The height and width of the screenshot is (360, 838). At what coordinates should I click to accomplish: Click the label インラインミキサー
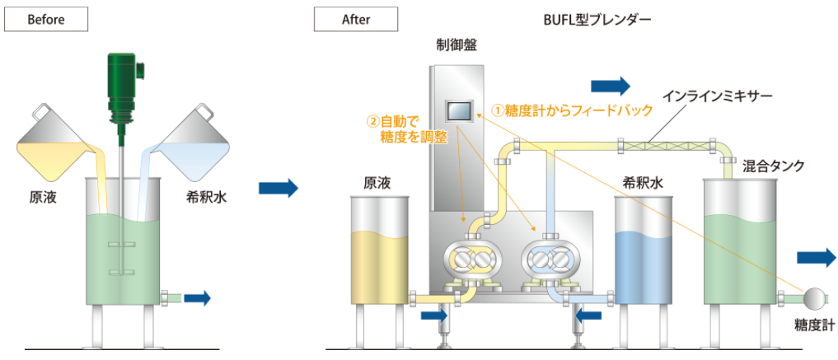pos(709,96)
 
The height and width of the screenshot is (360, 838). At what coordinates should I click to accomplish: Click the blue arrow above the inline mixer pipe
pos(610,85)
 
